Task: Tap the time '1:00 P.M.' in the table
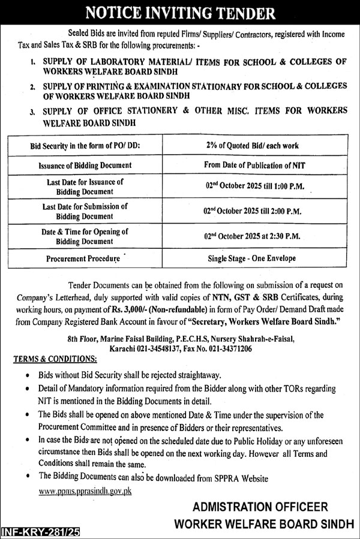(x=288, y=186)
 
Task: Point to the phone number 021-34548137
(x=158, y=348)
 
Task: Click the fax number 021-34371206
(x=228, y=348)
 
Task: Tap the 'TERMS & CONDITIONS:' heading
(x=55, y=359)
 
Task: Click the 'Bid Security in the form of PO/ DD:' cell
(x=84, y=146)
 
